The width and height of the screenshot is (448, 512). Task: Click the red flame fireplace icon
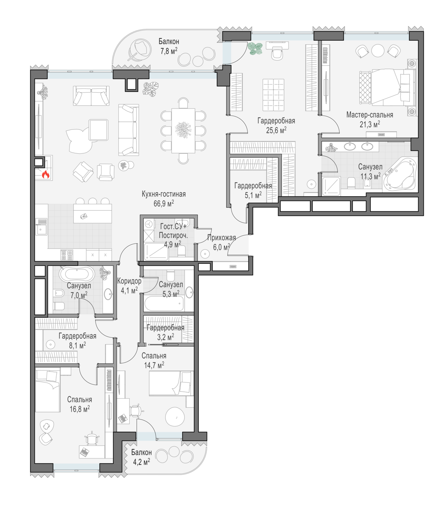pos(45,174)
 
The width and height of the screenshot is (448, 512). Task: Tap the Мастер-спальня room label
pos(370,115)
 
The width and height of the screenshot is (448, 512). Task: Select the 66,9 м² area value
pos(163,203)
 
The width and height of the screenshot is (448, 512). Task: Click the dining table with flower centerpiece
pos(183,130)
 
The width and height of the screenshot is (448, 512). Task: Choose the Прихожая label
pos(221,238)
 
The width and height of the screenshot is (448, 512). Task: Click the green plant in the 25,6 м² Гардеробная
pos(255,48)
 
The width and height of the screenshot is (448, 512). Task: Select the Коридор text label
pos(129,281)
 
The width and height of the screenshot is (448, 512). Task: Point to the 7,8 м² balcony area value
pos(169,51)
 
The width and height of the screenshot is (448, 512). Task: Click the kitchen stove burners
pos(67,255)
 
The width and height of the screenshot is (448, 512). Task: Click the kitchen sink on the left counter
pos(41,227)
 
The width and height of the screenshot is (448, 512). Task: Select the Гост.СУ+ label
pos(173,226)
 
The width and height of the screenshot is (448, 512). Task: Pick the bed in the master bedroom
pos(388,87)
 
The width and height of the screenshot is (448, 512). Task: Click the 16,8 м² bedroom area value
pos(80,409)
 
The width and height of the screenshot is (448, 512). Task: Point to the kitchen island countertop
pos(92,213)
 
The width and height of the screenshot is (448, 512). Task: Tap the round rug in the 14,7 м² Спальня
pos(175,417)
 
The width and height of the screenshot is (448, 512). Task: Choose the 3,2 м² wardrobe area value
pos(165,337)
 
